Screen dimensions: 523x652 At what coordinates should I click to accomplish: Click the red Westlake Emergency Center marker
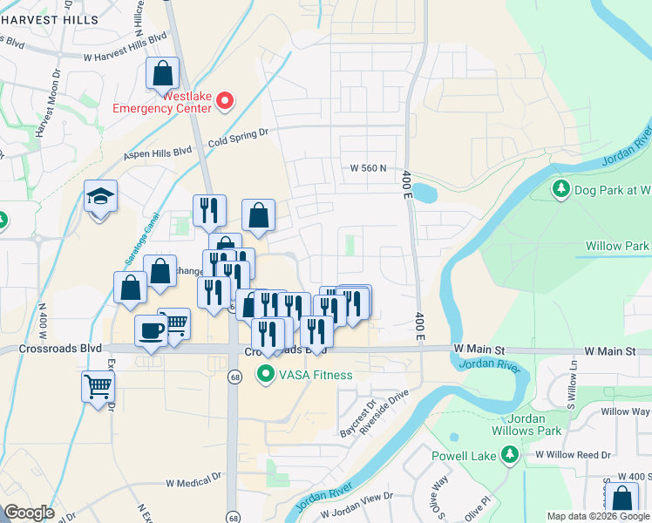(225, 102)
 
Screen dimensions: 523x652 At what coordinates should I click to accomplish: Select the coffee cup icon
(151, 331)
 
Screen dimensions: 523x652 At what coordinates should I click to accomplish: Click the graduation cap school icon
(100, 197)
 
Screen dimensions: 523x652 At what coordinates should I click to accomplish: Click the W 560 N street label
(367, 168)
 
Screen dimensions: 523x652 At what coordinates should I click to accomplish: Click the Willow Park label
(618, 247)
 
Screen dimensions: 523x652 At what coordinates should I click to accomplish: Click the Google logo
(29, 513)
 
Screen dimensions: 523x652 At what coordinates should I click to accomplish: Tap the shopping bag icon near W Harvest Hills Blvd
(162, 73)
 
